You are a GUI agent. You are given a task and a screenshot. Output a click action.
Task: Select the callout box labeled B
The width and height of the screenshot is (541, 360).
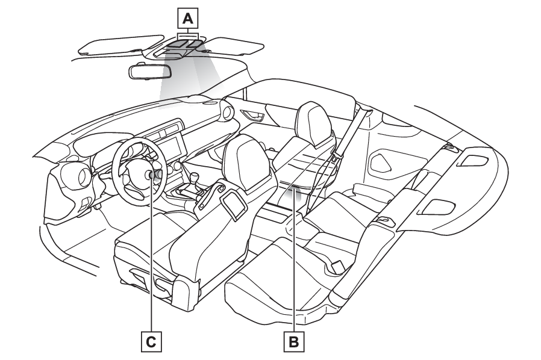[294, 342]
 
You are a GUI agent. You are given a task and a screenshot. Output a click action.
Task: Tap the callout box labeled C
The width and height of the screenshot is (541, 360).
[151, 342]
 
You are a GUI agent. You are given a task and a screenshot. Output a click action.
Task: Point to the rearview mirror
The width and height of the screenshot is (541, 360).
[150, 71]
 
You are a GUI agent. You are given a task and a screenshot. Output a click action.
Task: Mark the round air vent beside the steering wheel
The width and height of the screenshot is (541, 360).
[81, 176]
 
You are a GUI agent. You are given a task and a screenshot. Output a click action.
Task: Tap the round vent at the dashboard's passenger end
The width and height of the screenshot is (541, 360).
[228, 112]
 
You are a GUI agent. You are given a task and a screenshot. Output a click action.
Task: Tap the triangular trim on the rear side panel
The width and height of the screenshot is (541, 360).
[382, 159]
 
